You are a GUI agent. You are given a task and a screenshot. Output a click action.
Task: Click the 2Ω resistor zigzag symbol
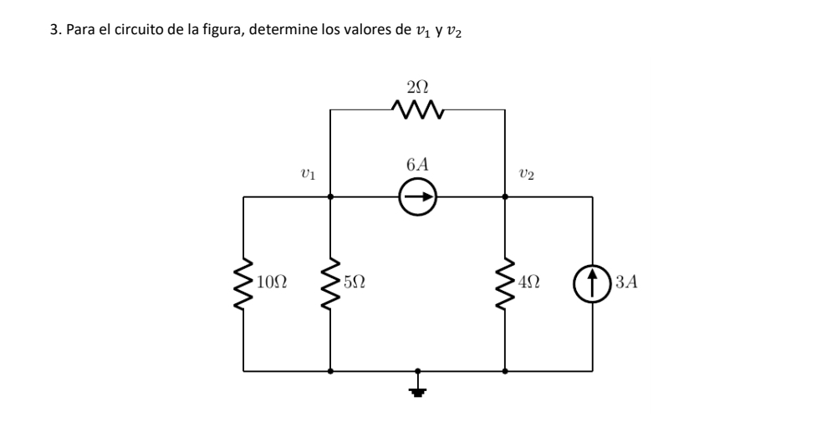[417, 109]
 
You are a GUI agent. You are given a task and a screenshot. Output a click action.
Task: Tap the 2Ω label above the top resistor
[417, 86]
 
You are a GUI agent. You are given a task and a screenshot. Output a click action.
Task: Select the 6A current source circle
[417, 198]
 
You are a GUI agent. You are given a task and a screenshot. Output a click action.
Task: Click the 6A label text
[417, 165]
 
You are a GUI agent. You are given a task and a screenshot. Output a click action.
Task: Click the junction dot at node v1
[331, 198]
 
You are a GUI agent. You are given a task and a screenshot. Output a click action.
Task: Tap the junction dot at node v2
[505, 198]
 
